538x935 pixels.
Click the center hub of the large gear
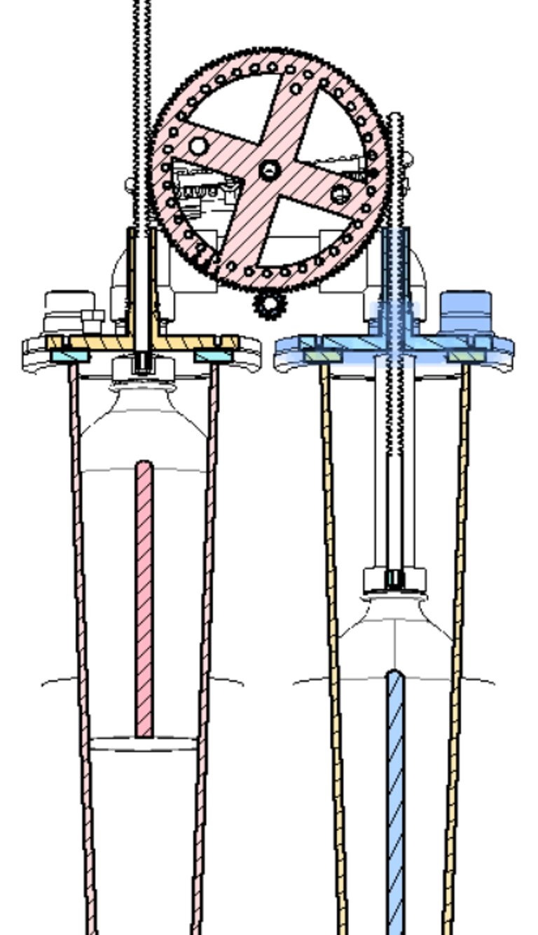click(269, 169)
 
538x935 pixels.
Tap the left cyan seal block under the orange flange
click(71, 357)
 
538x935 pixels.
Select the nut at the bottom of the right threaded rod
click(395, 580)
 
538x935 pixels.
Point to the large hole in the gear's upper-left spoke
click(199, 146)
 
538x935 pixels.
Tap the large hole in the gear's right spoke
click(341, 193)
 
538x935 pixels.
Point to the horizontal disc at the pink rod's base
click(144, 744)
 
